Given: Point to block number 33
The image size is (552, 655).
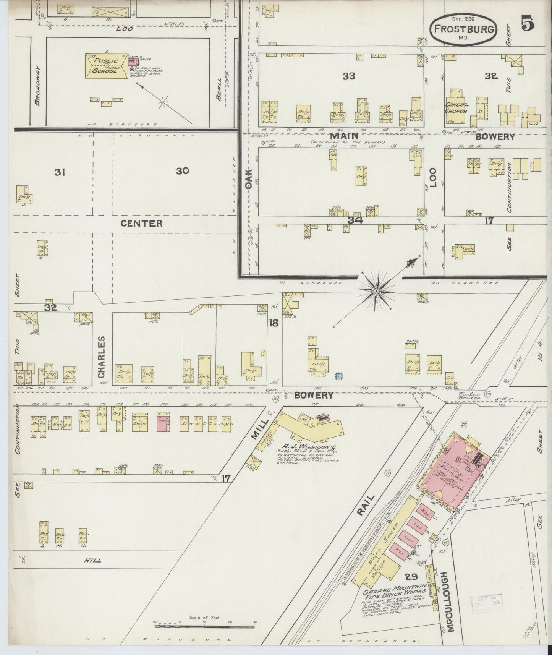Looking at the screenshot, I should [349, 76].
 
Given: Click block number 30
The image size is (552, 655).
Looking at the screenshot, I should [183, 171].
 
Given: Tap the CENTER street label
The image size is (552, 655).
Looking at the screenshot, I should [142, 224].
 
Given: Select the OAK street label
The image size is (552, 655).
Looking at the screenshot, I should [249, 178].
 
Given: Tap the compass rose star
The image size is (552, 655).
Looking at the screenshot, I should [377, 292].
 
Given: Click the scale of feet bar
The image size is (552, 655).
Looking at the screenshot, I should [204, 625].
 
